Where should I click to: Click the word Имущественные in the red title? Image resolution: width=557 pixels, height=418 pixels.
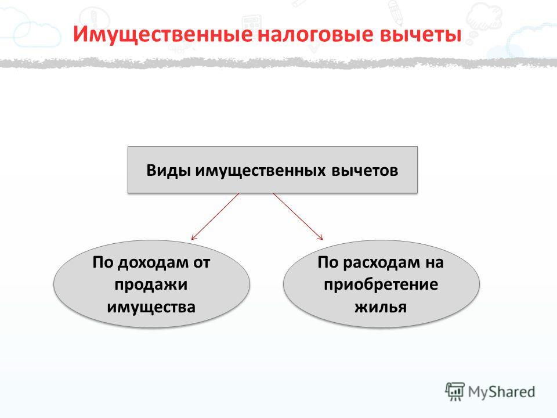(163, 34)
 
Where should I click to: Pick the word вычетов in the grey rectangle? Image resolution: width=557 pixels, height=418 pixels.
(365, 171)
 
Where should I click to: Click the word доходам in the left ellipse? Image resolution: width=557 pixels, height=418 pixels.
(153, 263)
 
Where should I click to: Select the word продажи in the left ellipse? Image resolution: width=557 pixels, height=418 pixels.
(151, 285)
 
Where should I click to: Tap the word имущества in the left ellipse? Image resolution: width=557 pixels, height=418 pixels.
(151, 307)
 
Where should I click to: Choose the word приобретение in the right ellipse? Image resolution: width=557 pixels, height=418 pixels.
(381, 285)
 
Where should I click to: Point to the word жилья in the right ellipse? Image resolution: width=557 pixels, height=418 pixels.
(381, 307)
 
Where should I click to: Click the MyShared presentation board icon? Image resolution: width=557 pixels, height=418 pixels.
(455, 392)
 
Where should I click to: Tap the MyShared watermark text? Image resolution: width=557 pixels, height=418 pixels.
(501, 392)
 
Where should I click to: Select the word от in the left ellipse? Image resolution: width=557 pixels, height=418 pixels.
(202, 263)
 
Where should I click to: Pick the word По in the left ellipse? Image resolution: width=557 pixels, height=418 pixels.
(103, 262)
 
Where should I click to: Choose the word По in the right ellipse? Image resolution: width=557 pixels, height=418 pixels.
(328, 262)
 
